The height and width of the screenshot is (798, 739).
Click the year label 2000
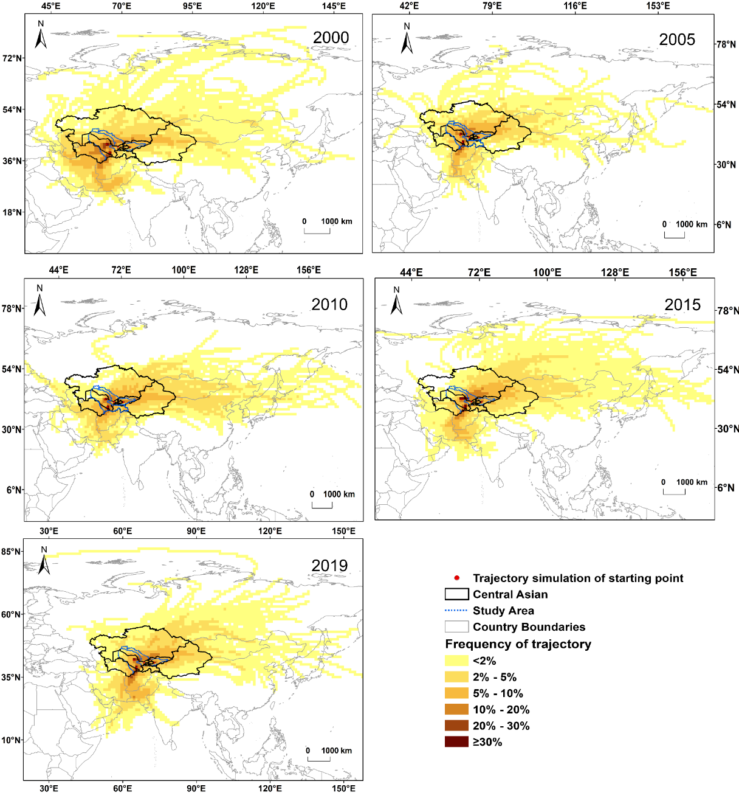pos(331,38)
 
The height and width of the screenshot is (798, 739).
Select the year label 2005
pos(676,40)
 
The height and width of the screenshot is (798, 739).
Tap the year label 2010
pos(329,305)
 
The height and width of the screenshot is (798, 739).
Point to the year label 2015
pos(682,305)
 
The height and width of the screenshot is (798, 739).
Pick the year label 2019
pos(329,566)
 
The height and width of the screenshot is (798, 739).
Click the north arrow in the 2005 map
pos(407,39)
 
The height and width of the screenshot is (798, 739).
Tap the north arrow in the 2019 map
pos(44,561)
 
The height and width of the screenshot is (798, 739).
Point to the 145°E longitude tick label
pos(334,6)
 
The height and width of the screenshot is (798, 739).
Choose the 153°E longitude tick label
pos(658,6)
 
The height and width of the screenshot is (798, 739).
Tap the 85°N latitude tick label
pos(12,552)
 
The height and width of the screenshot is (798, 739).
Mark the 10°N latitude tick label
pos(12,740)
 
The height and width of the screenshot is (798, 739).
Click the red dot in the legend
pos(456,578)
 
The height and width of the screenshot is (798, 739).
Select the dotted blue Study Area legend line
pos(456,611)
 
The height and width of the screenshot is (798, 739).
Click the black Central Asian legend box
pos(456,594)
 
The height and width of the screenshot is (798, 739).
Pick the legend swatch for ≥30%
pos(456,742)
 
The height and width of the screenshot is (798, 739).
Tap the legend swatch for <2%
pos(456,661)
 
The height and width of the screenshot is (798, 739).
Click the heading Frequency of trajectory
pos(518,644)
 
